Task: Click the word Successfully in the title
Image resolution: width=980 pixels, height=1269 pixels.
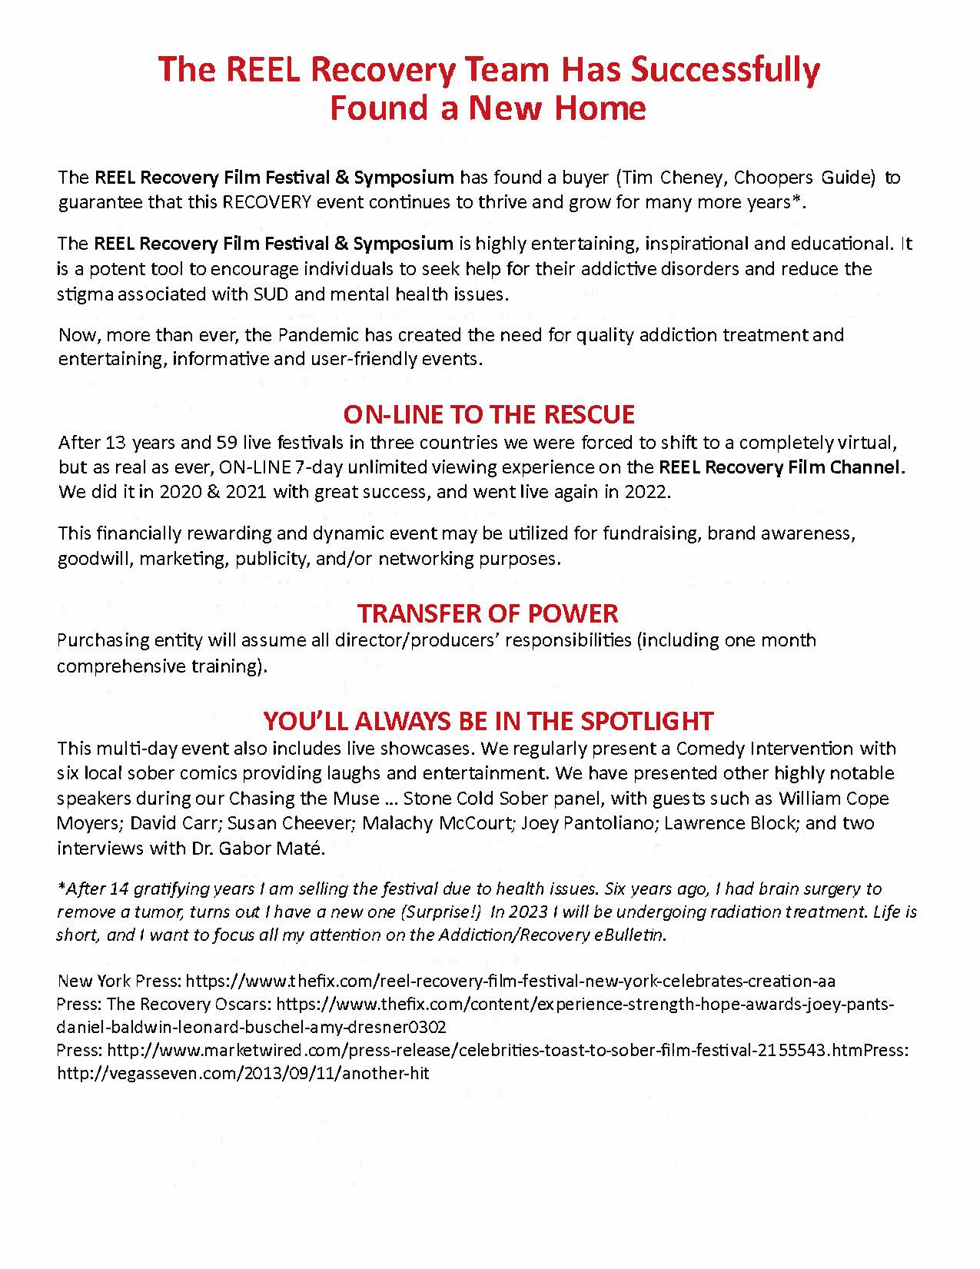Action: pos(725,70)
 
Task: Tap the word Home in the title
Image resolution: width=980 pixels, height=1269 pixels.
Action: pos(600,108)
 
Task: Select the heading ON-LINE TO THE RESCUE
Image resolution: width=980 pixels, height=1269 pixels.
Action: pos(489,414)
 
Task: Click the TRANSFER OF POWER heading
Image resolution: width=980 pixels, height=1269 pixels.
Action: pos(487,613)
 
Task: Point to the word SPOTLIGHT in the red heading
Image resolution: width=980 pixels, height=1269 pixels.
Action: pos(647,721)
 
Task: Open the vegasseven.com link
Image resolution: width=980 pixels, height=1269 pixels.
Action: pos(243,1074)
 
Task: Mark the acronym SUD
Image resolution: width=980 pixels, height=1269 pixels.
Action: pos(271,294)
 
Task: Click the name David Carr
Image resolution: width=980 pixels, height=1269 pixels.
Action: pos(175,823)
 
